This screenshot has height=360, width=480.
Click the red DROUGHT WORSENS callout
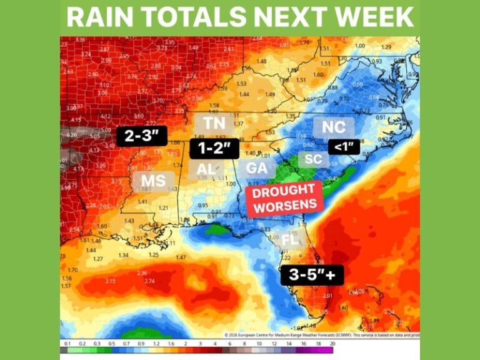[x=285, y=197]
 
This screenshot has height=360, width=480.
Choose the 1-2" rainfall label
[x=214, y=149]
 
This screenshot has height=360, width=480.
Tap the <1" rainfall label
[x=344, y=148]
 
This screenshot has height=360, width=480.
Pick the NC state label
[x=333, y=127]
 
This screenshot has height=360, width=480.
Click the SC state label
[x=313, y=159]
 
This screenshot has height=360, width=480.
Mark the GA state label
[x=257, y=168]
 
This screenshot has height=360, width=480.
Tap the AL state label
[x=206, y=169]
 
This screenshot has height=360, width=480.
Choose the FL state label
[x=289, y=240]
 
